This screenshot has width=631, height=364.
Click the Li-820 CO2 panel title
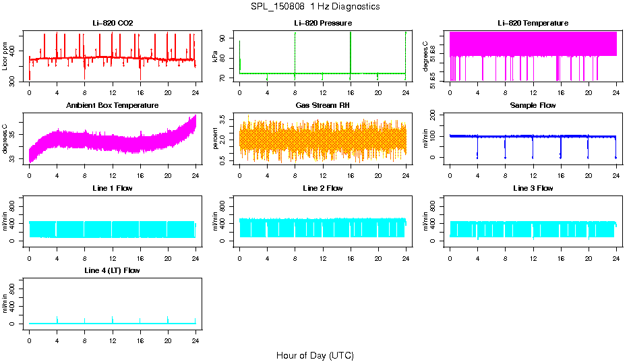(x=113, y=23)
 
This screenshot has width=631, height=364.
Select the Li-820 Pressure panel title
(x=322, y=23)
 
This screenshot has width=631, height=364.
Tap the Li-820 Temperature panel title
(x=533, y=23)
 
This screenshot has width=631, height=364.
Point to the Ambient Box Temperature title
(x=113, y=106)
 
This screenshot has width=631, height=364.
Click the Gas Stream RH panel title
(x=322, y=106)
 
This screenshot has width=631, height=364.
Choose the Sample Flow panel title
(x=533, y=106)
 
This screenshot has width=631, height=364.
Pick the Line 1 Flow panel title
(x=113, y=188)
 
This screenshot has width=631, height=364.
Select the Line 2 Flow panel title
(x=322, y=188)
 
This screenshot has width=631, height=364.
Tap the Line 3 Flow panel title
(x=533, y=188)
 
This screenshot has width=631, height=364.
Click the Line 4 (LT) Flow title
(x=113, y=270)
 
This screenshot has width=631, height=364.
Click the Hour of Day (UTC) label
(x=315, y=355)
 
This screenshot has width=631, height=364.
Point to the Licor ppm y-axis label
(x=5, y=57)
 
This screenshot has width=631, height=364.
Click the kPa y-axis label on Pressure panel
(x=215, y=57)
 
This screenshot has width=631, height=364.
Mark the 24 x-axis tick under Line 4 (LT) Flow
(x=196, y=334)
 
